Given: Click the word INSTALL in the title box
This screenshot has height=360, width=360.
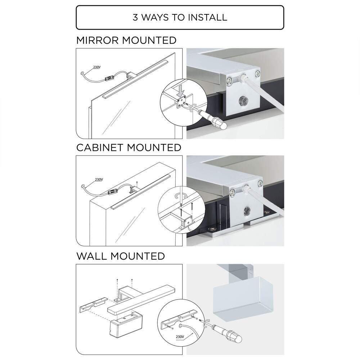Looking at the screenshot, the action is point(207,17).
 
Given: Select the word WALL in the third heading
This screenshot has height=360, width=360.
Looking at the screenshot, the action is point(91,256).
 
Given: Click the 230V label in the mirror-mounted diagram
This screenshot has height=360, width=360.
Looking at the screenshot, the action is point(96,67).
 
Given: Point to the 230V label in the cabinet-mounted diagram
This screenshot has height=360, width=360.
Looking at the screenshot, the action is point(99,179).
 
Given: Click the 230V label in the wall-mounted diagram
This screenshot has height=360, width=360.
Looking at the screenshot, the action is point(180,337).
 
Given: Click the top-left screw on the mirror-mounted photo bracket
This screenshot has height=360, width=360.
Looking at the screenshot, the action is point(229,80).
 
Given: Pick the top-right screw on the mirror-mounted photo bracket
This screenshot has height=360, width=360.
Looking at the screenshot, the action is point(257,74).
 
